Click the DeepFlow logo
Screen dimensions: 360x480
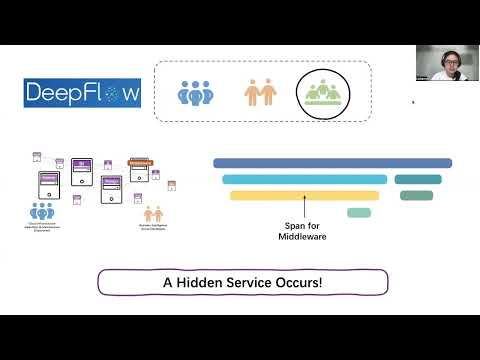[83, 94]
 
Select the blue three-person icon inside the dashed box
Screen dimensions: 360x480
[196, 93]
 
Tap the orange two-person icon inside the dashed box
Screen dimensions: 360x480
[260, 93]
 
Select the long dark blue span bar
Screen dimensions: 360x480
[332, 163]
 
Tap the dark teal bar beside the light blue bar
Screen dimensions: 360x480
[417, 179]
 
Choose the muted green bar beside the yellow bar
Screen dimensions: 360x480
[416, 195]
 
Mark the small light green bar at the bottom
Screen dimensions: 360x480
[359, 212]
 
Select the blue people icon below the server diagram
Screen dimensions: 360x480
[42, 211]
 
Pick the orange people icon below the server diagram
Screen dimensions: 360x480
[153, 213]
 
